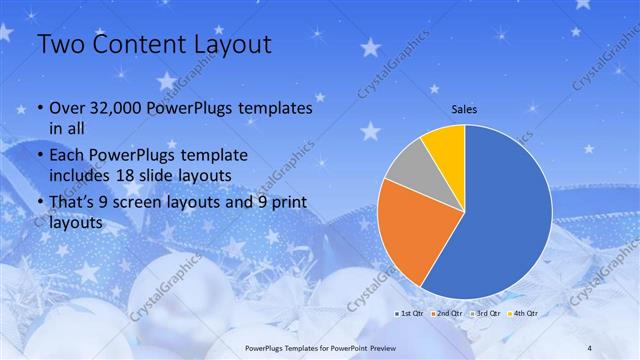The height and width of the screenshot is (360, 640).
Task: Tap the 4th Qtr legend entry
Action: [527, 313]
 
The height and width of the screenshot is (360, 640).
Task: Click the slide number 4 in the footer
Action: [590, 347]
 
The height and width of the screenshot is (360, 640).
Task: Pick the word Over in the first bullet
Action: [66, 108]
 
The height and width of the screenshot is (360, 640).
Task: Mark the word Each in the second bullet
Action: [67, 155]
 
